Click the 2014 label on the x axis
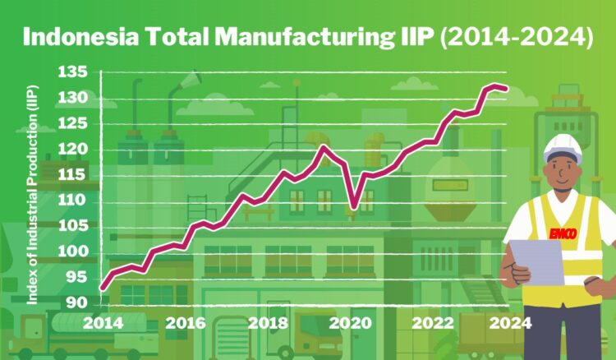(103, 323)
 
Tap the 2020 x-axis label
(350, 323)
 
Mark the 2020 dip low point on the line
(354, 206)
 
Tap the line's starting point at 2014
(102, 288)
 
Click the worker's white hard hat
(563, 147)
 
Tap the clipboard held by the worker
(537, 261)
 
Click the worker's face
(563, 173)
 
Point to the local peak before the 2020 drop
(324, 147)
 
